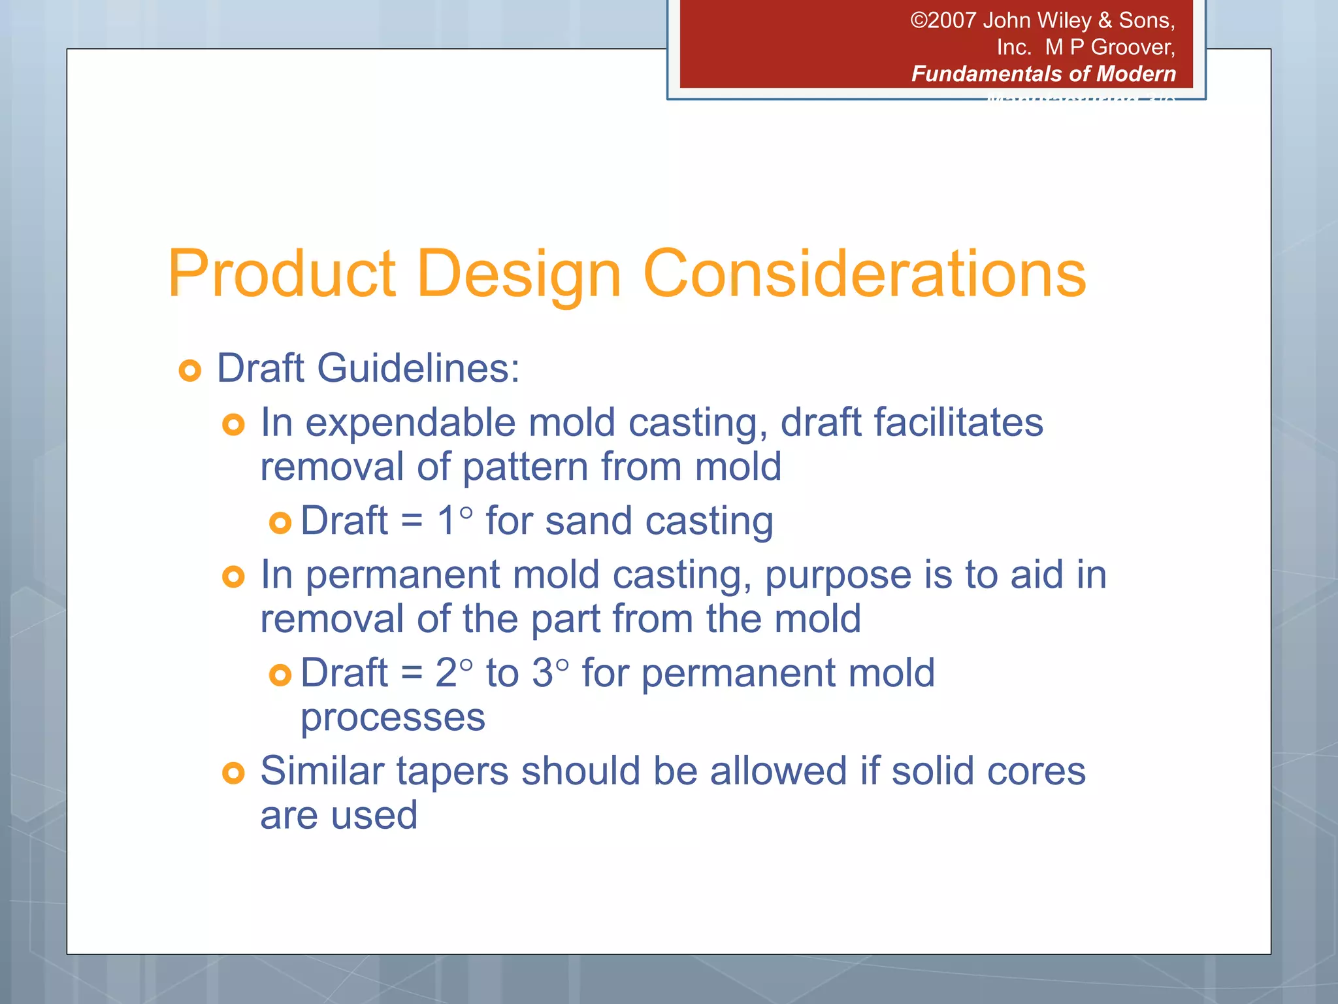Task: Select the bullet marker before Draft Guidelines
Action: coord(189,371)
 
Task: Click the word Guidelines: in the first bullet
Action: coord(418,369)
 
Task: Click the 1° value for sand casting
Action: coord(454,522)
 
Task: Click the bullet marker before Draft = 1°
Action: coord(280,523)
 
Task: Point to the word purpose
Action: coord(838,577)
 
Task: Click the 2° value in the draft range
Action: coord(453,673)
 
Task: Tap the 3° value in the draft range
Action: coord(549,673)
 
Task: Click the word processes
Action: coord(393,718)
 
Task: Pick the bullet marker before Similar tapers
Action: coord(233,773)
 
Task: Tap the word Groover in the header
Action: coord(1132,47)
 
